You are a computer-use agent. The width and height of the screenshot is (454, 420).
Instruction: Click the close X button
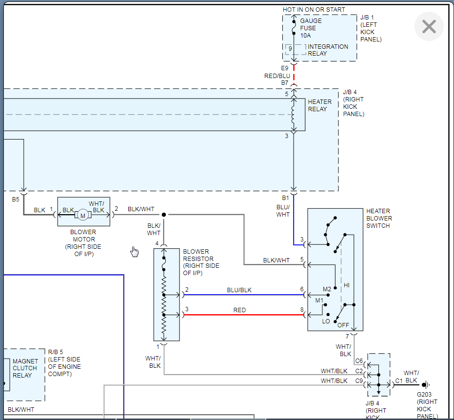click(x=429, y=26)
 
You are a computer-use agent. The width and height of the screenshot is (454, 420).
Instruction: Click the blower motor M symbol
click(x=82, y=215)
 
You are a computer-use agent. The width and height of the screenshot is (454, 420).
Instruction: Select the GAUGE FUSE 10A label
click(x=311, y=28)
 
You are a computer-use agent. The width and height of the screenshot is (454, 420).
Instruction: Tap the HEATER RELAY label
click(x=319, y=105)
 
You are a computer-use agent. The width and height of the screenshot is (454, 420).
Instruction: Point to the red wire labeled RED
click(x=244, y=315)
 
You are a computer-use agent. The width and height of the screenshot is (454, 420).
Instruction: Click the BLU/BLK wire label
click(x=239, y=290)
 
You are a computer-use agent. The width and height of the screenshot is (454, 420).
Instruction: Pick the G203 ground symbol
click(x=425, y=384)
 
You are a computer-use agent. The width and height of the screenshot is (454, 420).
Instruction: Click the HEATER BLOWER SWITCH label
click(x=379, y=219)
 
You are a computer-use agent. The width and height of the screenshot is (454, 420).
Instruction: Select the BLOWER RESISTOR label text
click(x=200, y=262)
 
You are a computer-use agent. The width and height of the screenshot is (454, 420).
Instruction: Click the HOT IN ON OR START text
click(x=314, y=10)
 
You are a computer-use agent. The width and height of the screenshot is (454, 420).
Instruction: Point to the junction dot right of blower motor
click(x=164, y=215)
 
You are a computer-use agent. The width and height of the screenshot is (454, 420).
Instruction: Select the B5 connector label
click(x=16, y=199)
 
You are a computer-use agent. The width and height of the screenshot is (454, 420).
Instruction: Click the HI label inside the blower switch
click(x=347, y=285)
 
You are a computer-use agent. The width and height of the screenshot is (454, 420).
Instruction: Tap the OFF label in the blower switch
click(x=343, y=324)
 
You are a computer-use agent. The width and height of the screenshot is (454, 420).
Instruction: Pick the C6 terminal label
click(x=359, y=361)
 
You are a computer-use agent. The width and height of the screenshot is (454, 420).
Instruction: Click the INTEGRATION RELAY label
click(x=328, y=50)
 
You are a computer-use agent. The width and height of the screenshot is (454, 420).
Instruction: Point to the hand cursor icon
click(x=135, y=251)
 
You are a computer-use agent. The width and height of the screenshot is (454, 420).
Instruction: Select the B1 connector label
click(x=285, y=198)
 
